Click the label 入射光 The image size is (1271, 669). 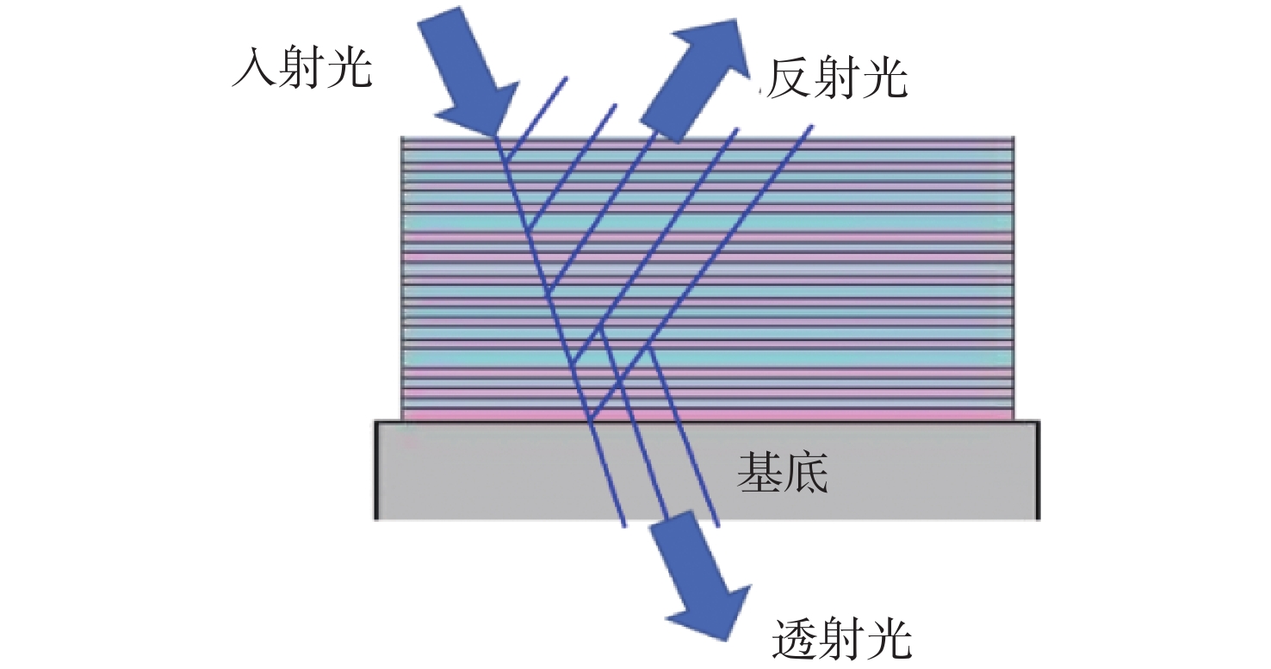click(x=302, y=68)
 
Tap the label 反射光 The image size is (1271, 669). click(x=837, y=78)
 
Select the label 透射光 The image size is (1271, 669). click(x=842, y=638)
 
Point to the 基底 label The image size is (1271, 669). click(x=783, y=472)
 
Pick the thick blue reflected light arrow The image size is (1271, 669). click(x=695, y=79)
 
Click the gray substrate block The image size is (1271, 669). click(x=706, y=470)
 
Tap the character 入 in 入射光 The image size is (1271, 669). click(x=254, y=68)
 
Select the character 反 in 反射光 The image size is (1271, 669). click(x=789, y=78)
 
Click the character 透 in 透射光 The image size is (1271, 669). click(x=794, y=638)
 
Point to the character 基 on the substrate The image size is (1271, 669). click(x=759, y=472)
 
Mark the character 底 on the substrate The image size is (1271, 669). click(x=806, y=472)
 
